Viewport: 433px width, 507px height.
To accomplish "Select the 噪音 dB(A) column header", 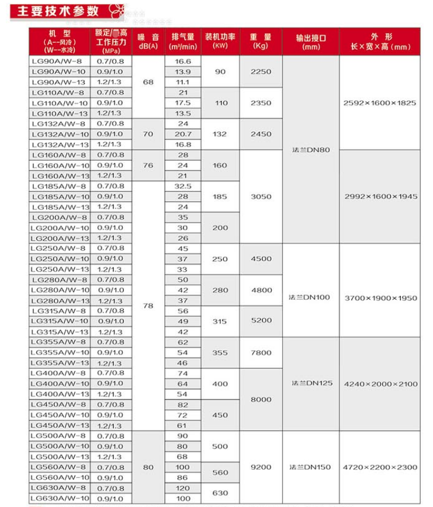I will (x=148, y=41).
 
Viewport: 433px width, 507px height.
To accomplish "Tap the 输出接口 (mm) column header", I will (x=310, y=41).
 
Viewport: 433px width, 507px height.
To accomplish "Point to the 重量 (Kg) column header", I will (x=261, y=41).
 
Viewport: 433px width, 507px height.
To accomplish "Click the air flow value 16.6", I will (x=183, y=61).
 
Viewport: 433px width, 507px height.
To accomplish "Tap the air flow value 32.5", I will (x=183, y=186).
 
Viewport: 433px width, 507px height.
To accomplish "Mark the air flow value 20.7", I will (x=183, y=134).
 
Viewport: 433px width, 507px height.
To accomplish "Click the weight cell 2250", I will (x=261, y=71).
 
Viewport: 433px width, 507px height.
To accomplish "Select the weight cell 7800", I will (x=261, y=352).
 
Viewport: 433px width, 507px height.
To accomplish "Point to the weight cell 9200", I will (x=261, y=467).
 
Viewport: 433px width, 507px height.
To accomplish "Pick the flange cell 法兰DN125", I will (x=310, y=383).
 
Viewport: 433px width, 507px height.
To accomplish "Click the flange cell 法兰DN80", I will (x=310, y=150).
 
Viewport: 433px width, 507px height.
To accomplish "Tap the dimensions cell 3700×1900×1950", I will (x=380, y=298).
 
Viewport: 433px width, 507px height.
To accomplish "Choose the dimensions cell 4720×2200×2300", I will (x=380, y=467).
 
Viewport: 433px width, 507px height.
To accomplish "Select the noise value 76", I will (x=148, y=165).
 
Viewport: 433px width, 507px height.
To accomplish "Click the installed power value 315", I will (x=220, y=321).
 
